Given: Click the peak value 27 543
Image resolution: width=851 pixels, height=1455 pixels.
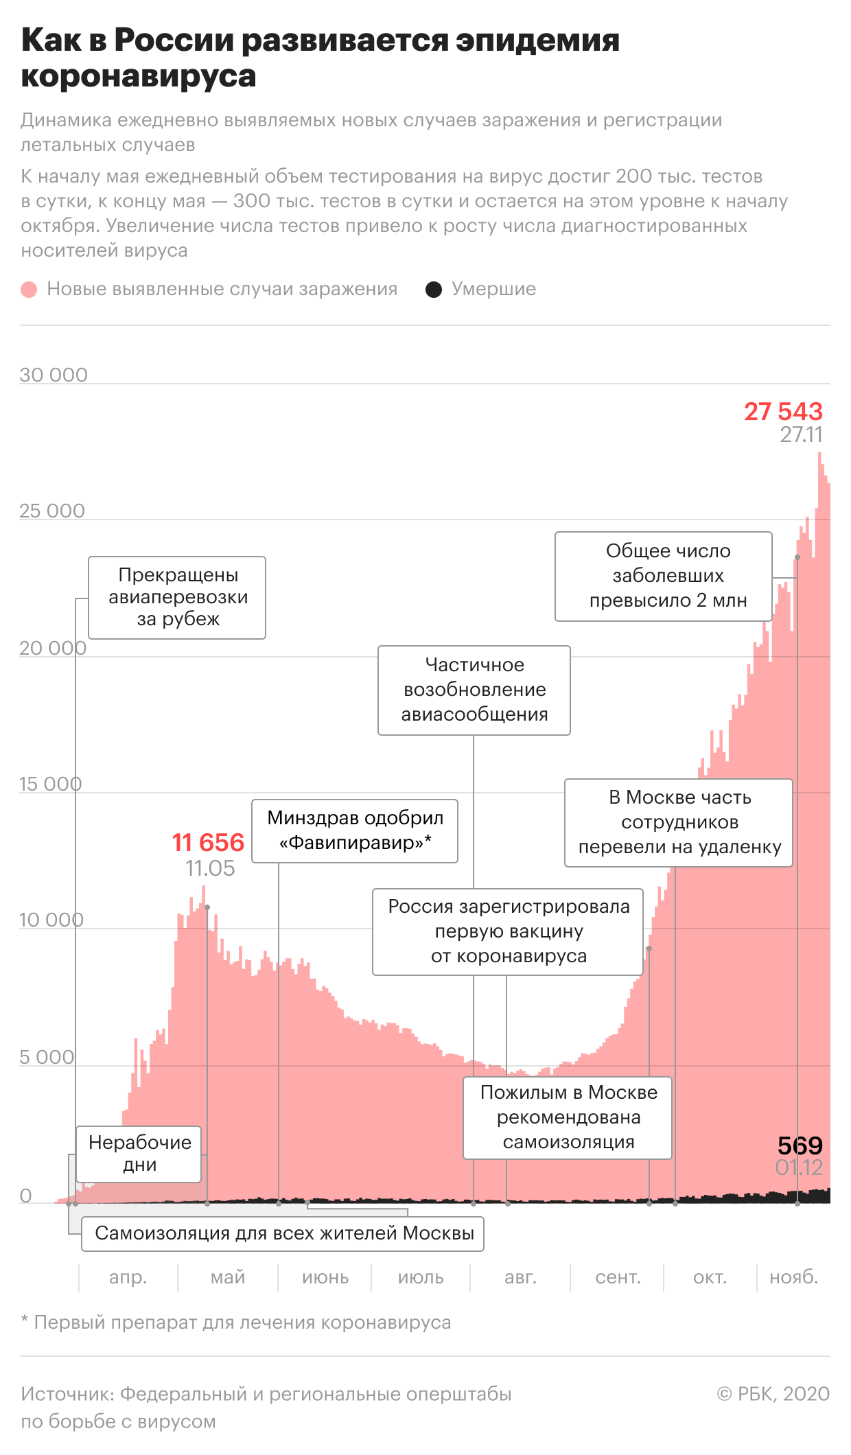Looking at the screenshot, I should click(783, 411).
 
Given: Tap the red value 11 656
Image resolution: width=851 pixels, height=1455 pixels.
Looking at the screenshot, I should click(208, 842).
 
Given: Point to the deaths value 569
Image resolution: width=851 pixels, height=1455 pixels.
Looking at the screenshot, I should click(800, 1145).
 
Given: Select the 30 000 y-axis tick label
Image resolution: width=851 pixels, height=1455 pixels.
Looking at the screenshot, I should click(54, 375).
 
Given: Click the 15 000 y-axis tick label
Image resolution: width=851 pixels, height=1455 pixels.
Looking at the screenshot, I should click(50, 784).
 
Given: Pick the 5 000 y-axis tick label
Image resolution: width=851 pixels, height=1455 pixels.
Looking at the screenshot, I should click(47, 1057).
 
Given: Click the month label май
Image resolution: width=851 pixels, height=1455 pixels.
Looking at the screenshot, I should click(228, 1277).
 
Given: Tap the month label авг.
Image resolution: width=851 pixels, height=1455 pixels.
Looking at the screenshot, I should click(520, 1277).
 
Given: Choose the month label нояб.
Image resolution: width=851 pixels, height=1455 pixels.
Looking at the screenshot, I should click(794, 1277).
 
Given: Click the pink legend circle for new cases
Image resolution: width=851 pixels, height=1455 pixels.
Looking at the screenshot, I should click(29, 290).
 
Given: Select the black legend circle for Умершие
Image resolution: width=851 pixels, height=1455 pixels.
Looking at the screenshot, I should click(434, 290).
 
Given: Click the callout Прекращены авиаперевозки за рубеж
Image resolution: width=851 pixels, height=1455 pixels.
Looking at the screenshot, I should click(177, 597).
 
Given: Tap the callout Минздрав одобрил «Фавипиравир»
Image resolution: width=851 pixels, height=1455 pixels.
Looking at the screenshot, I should click(355, 830).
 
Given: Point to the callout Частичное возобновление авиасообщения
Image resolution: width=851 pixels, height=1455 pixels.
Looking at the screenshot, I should click(474, 690).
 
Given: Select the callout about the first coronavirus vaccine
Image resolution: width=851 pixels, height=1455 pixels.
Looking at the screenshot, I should click(508, 931).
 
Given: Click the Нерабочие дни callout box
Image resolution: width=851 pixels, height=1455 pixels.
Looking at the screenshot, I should click(139, 1154).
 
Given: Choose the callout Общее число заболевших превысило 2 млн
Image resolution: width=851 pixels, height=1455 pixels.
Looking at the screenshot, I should click(664, 576).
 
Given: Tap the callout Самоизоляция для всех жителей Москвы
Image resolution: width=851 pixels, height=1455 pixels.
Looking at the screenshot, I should click(283, 1233).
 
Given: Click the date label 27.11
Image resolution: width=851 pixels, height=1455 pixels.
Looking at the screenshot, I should click(801, 434).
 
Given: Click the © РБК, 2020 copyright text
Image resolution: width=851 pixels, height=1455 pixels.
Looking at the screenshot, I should click(773, 1394).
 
